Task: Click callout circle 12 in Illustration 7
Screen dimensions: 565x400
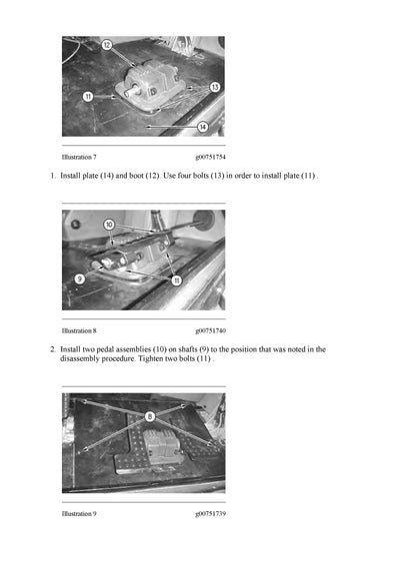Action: tap(107, 45)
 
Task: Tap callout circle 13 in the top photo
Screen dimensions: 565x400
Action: tap(215, 88)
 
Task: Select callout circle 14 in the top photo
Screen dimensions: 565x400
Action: tap(202, 127)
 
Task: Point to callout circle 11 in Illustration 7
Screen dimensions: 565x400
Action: tap(88, 96)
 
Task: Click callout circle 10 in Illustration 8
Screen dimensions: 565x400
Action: tap(110, 226)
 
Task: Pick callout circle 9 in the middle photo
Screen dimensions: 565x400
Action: tap(79, 280)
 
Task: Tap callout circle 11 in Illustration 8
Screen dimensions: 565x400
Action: tap(177, 282)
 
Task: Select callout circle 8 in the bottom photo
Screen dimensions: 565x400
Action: tap(150, 415)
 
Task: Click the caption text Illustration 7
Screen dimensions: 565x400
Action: tap(79, 156)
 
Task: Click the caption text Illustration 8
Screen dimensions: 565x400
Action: tap(79, 329)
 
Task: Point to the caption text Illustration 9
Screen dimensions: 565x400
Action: tap(79, 513)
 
